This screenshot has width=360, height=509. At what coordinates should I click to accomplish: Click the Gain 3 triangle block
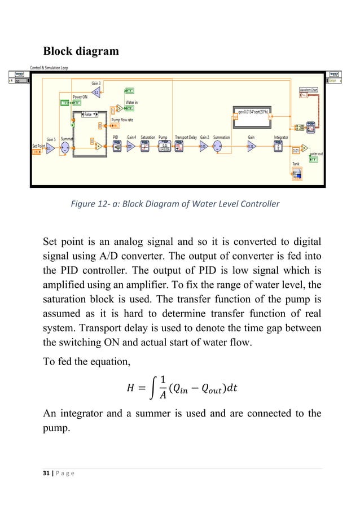click(x=96, y=93)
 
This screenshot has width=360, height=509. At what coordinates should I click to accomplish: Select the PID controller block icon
click(x=116, y=146)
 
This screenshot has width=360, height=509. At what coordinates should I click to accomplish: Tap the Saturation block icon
click(x=148, y=146)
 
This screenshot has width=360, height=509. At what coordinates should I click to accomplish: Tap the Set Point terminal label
click(x=38, y=146)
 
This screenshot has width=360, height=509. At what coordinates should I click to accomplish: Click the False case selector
click(x=87, y=115)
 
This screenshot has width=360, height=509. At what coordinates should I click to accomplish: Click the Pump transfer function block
click(x=164, y=146)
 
